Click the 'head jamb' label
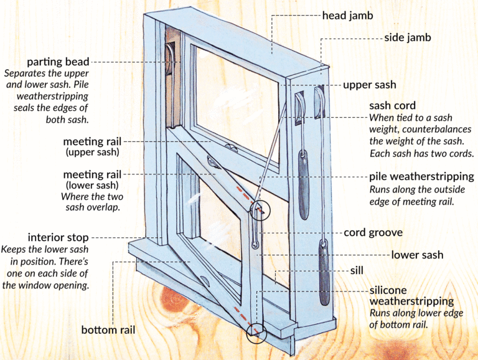pos(347,16)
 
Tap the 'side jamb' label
pos(407,38)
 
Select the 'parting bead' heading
pos(59,62)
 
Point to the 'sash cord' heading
pos(392,105)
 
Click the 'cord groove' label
pos(372,233)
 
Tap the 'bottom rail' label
pos(108,329)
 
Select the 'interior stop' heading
pos(59,238)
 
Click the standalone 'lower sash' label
pos(417,255)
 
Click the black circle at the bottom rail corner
pos(256,333)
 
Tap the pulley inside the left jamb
pos(170,62)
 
